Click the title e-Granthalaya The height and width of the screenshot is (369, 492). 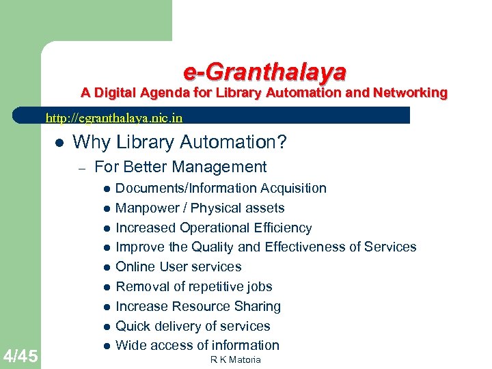[x=264, y=71]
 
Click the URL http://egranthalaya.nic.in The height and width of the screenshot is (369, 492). [x=113, y=118]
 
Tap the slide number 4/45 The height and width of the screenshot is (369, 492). [x=20, y=355]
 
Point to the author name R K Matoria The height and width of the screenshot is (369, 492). [x=236, y=360]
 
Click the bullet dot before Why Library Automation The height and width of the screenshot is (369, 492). [x=59, y=143]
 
